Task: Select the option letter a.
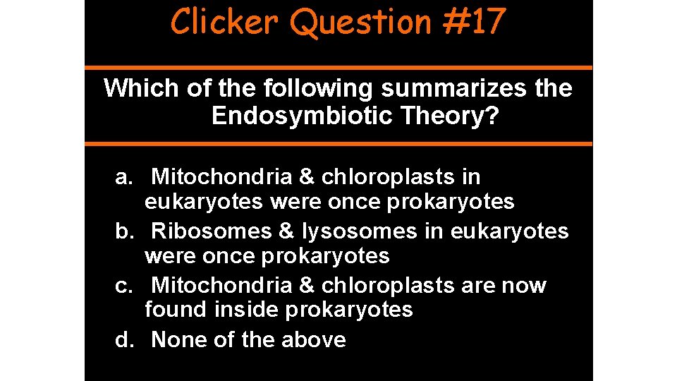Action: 123,177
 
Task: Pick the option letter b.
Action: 123,231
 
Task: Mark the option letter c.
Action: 123,286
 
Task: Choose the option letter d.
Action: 123,340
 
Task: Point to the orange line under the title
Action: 338,68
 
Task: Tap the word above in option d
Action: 313,340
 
